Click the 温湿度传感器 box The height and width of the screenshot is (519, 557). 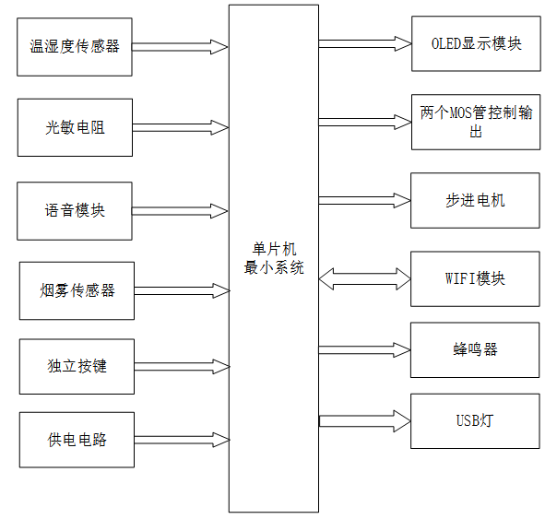75,46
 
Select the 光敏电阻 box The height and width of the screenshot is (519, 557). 75,127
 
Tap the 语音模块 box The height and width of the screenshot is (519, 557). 75,211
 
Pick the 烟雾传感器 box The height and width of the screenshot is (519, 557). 77,290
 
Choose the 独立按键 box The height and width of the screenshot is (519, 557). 77,366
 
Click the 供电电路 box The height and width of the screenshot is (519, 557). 77,440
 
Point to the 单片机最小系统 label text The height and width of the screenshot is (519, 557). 273,259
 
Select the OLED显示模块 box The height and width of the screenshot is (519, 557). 476,43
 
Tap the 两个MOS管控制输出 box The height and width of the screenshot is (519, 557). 476,122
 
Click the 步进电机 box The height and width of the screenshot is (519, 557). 475,200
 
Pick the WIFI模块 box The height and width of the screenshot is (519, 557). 475,277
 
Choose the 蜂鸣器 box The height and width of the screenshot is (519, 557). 475,349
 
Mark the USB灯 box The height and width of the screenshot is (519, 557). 475,421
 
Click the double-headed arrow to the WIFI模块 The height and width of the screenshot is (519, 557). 364,277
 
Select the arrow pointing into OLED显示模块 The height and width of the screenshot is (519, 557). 364,42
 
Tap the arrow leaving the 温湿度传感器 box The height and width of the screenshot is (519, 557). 180,46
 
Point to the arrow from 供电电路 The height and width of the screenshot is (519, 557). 181,440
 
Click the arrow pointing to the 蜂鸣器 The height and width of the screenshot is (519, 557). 364,349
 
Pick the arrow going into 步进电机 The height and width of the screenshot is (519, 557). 364,200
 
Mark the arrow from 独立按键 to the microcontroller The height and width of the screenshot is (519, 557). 181,367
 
